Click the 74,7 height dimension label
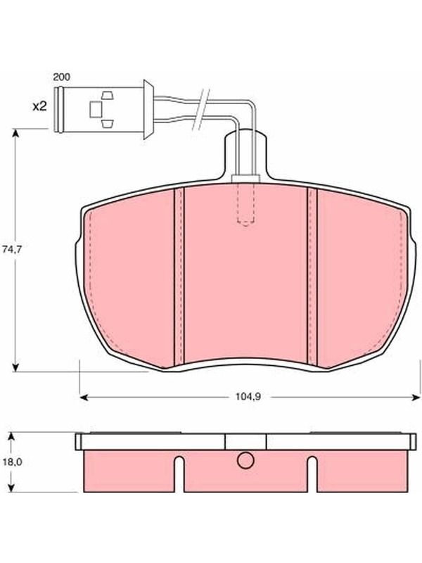[x=12, y=249]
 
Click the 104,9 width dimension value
[x=248, y=397]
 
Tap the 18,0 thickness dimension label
[x=13, y=462]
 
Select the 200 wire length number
[x=62, y=77]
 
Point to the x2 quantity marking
[x=39, y=106]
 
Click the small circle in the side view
[x=245, y=460]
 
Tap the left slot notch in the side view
[x=179, y=474]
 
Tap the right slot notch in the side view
[x=312, y=474]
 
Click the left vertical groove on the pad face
[x=179, y=276]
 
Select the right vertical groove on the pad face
[x=312, y=276]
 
